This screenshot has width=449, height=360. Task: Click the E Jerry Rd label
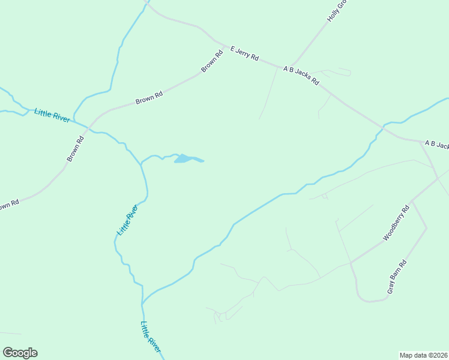[245, 54]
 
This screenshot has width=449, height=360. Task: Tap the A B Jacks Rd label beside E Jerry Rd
[301, 76]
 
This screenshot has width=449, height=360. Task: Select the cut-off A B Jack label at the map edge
[436, 145]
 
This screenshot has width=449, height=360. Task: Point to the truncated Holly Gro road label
[337, 11]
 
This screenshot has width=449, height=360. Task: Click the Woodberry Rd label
[396, 223]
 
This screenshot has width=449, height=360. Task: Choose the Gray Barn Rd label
[397, 277]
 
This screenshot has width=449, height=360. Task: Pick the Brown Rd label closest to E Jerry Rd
[212, 61]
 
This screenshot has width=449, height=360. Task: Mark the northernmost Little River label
[52, 115]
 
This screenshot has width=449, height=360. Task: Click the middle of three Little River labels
[127, 220]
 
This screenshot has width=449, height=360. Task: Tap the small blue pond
[186, 159]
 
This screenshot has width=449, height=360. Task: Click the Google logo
[20, 353]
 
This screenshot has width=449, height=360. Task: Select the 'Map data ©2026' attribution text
[424, 355]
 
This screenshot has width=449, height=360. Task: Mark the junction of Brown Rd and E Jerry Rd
[226, 46]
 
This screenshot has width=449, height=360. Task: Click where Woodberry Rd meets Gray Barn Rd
[412, 200]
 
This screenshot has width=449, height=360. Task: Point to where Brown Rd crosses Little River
[88, 128]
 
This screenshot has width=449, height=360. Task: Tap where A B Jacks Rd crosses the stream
[382, 127]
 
